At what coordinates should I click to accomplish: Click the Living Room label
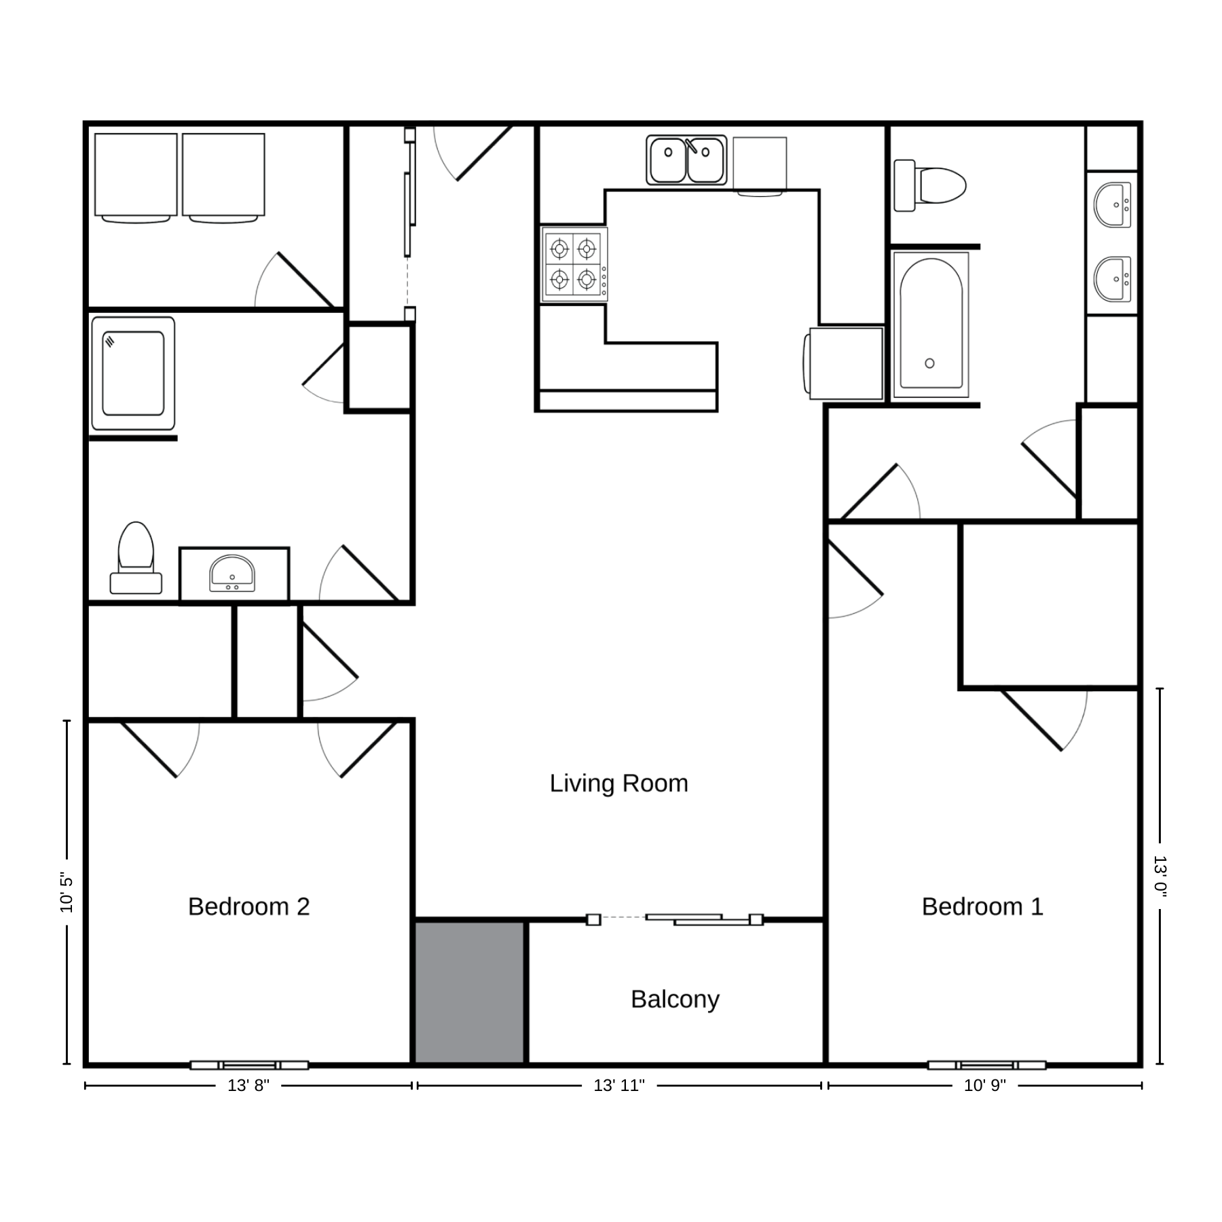click(618, 783)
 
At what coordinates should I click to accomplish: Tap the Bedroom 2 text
click(248, 906)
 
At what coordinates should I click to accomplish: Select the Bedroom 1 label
click(982, 906)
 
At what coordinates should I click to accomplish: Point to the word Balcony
click(675, 999)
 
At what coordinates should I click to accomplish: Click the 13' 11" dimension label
click(619, 1086)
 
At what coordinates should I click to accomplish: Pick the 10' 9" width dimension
click(985, 1086)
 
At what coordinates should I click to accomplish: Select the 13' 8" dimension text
click(248, 1086)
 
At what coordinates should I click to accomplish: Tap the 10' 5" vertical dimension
click(67, 892)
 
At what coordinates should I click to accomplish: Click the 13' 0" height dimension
click(1160, 876)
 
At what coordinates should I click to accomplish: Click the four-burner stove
click(574, 264)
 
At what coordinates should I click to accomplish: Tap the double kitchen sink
click(686, 160)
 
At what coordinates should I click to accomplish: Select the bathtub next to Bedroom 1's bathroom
click(931, 325)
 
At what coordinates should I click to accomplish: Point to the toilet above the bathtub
click(929, 185)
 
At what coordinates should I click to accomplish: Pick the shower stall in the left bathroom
click(133, 373)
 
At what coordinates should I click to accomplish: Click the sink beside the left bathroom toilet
click(232, 574)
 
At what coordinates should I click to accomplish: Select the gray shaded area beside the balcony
click(470, 992)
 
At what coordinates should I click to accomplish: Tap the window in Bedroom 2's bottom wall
click(248, 1064)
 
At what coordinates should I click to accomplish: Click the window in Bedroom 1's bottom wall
click(986, 1064)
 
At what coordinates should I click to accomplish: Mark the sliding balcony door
click(675, 919)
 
